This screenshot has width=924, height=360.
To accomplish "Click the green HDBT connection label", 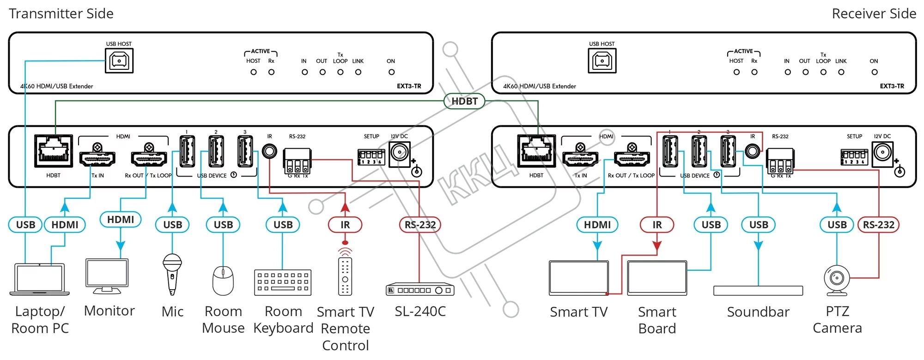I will click(464, 101).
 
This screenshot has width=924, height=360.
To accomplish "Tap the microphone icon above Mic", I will click(172, 274).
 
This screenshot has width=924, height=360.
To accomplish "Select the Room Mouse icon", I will click(223, 281).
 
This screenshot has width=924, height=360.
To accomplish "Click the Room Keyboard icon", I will click(283, 282).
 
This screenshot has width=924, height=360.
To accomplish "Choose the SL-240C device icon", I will click(420, 290).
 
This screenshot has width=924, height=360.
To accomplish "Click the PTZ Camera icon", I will click(837, 280).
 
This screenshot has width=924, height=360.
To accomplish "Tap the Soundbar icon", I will click(758, 291).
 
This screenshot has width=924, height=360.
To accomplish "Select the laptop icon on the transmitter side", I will click(40, 280).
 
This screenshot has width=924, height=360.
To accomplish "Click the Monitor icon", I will click(107, 276).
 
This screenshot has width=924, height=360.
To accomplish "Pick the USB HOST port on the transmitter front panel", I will click(119, 61).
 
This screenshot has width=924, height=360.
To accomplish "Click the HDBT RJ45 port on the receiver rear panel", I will click(536, 151).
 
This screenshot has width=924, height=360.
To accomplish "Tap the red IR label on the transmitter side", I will click(345, 225).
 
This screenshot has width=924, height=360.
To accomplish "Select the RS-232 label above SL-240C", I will click(420, 225).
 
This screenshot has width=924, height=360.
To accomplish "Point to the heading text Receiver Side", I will click(874, 14).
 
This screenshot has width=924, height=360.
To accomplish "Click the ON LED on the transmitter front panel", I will click(391, 72).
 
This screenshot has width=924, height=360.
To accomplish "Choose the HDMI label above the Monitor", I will click(121, 220).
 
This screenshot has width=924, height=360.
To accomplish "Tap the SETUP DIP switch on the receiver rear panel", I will click(854, 157).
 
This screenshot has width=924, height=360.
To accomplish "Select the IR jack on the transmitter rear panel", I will click(269, 151).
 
